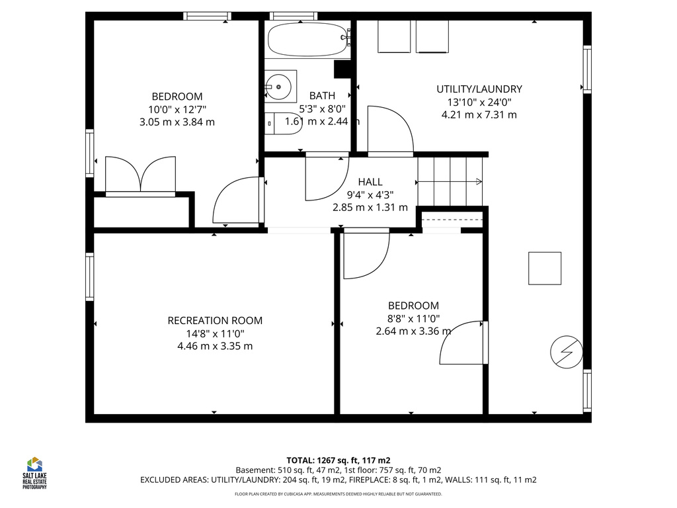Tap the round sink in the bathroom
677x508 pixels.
(x=279, y=86)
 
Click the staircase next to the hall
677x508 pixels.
(x=450, y=181)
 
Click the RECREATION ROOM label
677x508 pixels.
(x=215, y=321)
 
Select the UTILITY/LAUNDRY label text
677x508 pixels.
(x=479, y=89)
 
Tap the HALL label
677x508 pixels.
(x=370, y=182)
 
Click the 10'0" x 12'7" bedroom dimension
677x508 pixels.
(x=177, y=109)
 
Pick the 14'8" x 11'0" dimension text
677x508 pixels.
(x=215, y=333)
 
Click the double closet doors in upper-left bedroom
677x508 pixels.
(x=140, y=176)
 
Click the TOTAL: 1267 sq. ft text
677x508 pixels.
(x=338, y=460)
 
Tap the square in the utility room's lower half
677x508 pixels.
(x=544, y=269)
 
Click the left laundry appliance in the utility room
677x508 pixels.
(x=394, y=36)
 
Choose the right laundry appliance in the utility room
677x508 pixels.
(x=432, y=36)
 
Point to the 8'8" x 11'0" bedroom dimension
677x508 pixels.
(x=413, y=318)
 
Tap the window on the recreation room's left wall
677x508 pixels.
(x=89, y=276)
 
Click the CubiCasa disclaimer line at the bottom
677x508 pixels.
(x=338, y=494)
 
